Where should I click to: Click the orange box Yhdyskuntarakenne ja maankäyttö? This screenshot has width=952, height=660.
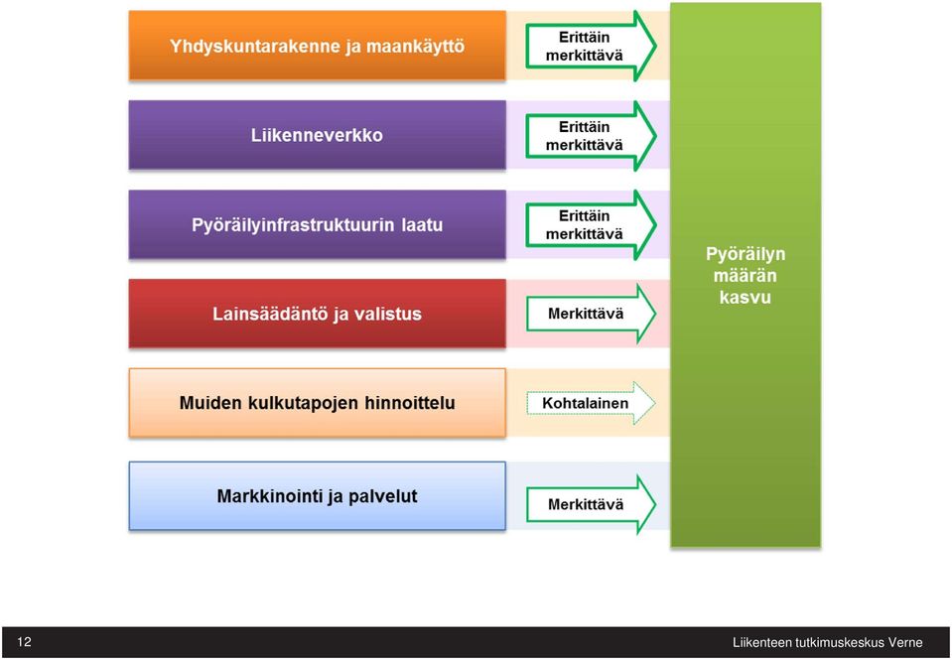pos(317,46)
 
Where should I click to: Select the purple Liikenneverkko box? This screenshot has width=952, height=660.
pos(317,135)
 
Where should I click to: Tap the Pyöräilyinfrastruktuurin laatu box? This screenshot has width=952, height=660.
pos(317,224)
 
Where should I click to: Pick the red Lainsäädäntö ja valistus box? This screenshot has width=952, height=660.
pos(317,314)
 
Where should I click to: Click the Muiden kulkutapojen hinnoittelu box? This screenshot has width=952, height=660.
pos(317,403)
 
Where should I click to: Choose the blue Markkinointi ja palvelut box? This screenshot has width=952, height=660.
pos(317,496)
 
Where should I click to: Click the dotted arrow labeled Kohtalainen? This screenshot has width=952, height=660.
pos(590,403)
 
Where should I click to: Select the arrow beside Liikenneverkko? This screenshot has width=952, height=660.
pos(591,135)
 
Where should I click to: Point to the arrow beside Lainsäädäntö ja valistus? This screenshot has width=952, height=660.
pos(591,314)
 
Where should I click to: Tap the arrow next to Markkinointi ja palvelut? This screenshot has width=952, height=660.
pos(591,504)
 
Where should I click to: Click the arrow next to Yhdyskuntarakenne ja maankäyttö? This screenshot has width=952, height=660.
pos(591,46)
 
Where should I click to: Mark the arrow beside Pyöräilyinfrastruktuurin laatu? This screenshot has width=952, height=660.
pos(591,224)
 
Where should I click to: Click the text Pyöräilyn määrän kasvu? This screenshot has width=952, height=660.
pos(746,276)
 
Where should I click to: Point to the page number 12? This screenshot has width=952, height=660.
pos(24,642)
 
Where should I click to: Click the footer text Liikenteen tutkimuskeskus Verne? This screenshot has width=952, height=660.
pos(828,643)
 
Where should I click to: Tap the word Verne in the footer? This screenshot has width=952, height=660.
pos(905,643)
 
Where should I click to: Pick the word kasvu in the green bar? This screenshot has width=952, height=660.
pos(746,298)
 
